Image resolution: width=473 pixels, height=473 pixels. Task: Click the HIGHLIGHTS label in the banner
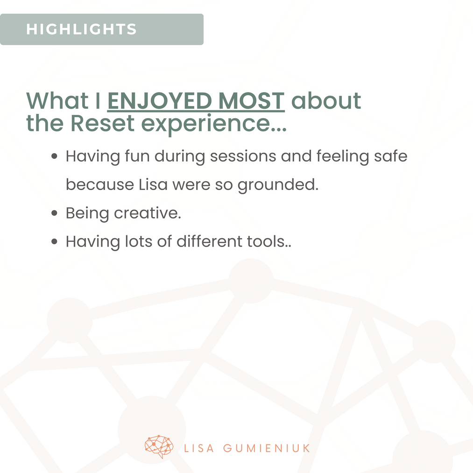click(x=81, y=29)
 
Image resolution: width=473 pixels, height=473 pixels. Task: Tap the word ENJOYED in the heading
click(x=160, y=101)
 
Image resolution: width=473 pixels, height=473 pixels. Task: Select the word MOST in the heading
click(x=251, y=101)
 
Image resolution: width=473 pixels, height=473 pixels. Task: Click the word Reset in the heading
click(x=103, y=123)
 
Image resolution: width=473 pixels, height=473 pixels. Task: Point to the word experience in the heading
click(x=214, y=124)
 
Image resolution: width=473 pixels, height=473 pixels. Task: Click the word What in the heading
click(x=57, y=100)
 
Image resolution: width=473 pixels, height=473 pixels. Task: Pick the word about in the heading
click(x=326, y=100)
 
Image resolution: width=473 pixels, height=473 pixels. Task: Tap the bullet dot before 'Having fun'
click(x=54, y=156)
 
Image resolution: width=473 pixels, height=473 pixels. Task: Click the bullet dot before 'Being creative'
click(x=54, y=213)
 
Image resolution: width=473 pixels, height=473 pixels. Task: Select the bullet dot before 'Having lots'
click(x=54, y=241)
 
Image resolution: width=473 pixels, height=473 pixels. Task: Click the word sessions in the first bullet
click(x=243, y=156)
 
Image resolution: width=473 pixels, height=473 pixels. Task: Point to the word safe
click(x=391, y=156)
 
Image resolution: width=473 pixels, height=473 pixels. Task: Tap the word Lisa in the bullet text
click(x=153, y=184)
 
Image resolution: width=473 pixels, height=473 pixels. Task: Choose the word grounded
click(x=278, y=185)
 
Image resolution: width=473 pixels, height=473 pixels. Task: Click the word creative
click(x=148, y=213)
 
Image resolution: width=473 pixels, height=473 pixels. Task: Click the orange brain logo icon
click(x=159, y=446)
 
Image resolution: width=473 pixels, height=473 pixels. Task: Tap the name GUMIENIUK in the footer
click(x=267, y=448)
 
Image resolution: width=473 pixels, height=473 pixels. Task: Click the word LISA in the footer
click(x=199, y=448)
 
